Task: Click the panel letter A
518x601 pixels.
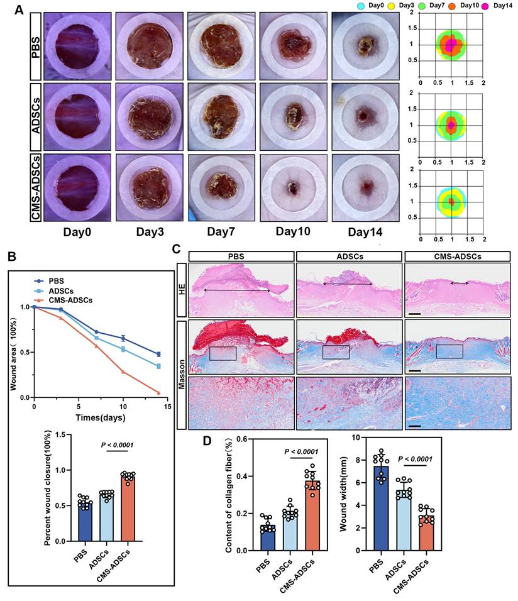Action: (19, 10)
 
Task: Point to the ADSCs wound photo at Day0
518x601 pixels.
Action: (77, 116)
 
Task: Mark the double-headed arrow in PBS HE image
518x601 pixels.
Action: (236, 290)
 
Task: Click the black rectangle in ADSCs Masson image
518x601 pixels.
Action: (336, 352)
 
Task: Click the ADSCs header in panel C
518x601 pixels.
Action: (349, 255)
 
